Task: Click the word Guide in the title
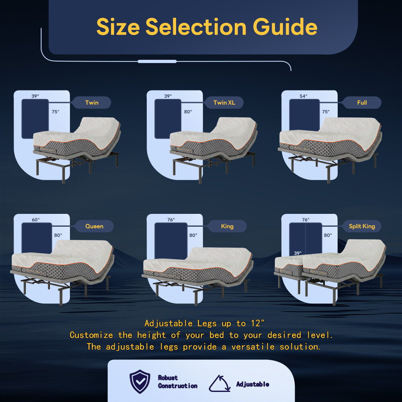285,27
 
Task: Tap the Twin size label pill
91,103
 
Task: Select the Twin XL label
224,103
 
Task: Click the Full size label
362,103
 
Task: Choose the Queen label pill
94,226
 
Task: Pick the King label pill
227,226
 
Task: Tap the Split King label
362,226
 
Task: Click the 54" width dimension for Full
303,96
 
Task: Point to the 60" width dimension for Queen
36,220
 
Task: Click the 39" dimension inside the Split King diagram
297,253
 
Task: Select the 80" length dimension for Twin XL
188,112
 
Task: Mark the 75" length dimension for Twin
55,112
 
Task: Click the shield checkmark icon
140,381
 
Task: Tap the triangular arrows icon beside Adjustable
219,384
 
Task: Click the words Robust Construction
177,382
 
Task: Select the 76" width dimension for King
171,220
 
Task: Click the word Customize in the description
91,335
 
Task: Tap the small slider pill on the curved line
157,62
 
